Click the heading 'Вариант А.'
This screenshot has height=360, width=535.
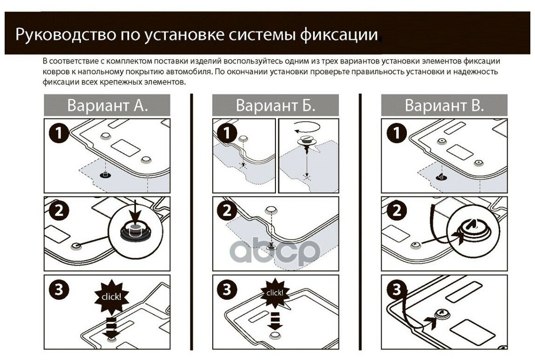tap(107, 105)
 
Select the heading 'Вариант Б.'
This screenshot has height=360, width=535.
tap(275, 105)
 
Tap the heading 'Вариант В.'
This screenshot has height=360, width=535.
tap(444, 105)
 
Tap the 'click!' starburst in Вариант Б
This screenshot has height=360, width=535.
tap(274, 293)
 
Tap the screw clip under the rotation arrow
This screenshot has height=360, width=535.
tap(306, 142)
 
